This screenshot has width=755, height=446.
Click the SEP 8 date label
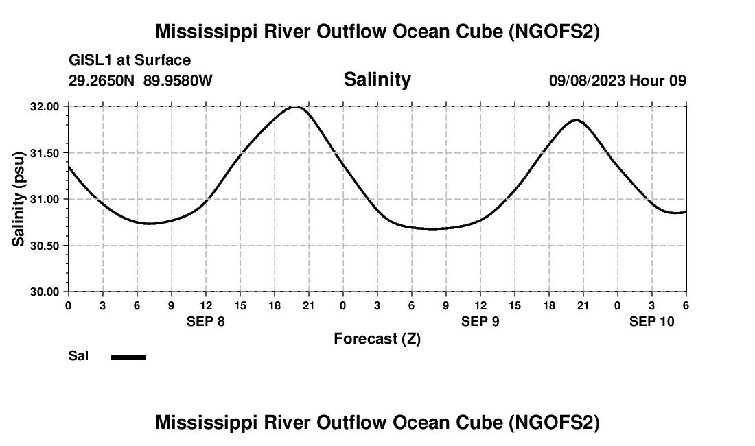pyautogui.click(x=206, y=321)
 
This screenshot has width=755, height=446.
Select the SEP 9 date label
pyautogui.click(x=480, y=321)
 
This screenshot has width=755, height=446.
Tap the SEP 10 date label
pyautogui.click(x=652, y=321)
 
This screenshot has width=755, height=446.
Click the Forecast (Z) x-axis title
pyautogui.click(x=377, y=338)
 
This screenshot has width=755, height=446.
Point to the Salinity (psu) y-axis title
pyautogui.click(x=19, y=199)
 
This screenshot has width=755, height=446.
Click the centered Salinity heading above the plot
pyautogui.click(x=377, y=80)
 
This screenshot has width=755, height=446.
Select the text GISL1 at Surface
pyautogui.click(x=130, y=60)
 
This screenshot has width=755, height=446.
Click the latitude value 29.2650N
pyautogui.click(x=102, y=81)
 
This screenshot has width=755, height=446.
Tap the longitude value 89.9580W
pyautogui.click(x=178, y=81)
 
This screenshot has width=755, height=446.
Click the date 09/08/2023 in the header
pyautogui.click(x=587, y=81)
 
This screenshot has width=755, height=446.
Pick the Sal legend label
pyautogui.click(x=78, y=356)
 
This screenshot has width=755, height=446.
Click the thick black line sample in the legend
pyautogui.click(x=128, y=357)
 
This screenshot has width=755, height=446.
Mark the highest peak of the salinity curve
pyautogui.click(x=297, y=106)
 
